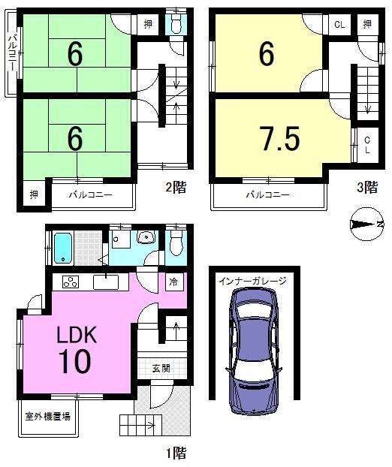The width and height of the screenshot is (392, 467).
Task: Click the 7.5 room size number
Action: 279,139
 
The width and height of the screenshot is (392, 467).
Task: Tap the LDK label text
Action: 77,335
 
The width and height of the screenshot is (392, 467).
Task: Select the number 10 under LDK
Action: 75,361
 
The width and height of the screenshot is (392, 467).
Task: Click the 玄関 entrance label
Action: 161,369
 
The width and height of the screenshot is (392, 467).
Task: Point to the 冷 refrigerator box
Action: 173,282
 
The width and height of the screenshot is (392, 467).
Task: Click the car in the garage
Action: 253,350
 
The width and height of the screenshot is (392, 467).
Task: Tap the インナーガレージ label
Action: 252,281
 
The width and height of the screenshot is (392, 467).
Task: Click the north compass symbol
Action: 366,224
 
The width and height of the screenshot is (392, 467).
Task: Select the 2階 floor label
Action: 176,188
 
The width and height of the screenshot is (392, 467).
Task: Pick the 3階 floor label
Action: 367,188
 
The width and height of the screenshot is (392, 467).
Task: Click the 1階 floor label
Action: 176,453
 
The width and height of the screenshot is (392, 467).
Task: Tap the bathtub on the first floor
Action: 63,249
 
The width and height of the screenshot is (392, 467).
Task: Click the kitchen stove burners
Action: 71,282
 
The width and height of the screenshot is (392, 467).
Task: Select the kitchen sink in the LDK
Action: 106,282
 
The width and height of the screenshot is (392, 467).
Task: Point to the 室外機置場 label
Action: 47,417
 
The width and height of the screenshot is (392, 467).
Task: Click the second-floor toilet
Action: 176,23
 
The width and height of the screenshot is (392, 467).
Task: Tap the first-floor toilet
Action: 176,243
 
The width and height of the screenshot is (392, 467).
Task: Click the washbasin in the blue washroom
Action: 146,237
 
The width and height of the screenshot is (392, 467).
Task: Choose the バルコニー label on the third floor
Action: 267,195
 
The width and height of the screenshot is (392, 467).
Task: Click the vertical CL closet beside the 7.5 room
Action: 367,145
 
